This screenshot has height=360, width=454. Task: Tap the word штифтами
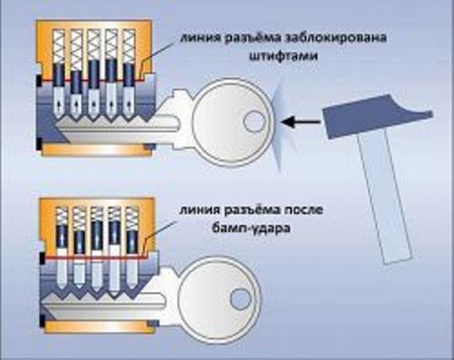(x=284, y=56)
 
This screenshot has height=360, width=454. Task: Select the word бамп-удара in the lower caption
(x=251, y=228)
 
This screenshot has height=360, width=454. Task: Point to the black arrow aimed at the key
(x=301, y=122)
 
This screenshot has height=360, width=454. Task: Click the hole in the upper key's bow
(x=255, y=121)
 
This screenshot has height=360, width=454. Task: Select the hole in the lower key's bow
(x=241, y=299)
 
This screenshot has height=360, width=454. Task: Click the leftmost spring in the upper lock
(x=58, y=47)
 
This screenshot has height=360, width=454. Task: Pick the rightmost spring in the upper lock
(x=129, y=46)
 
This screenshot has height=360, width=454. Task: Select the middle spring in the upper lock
(x=93, y=45)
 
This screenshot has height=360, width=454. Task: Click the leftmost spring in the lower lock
(x=62, y=216)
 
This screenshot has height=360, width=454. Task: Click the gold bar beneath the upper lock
(x=96, y=150)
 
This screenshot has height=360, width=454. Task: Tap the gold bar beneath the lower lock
(x=99, y=327)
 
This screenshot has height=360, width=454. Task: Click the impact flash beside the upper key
(x=278, y=125)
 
